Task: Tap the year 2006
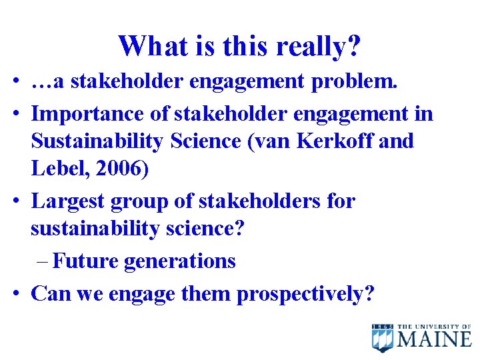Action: pyautogui.click(x=121, y=169)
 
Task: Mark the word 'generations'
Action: pyautogui.click(x=179, y=261)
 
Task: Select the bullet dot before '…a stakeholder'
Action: pyautogui.click(x=17, y=82)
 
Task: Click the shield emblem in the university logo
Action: pyautogui.click(x=383, y=338)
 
